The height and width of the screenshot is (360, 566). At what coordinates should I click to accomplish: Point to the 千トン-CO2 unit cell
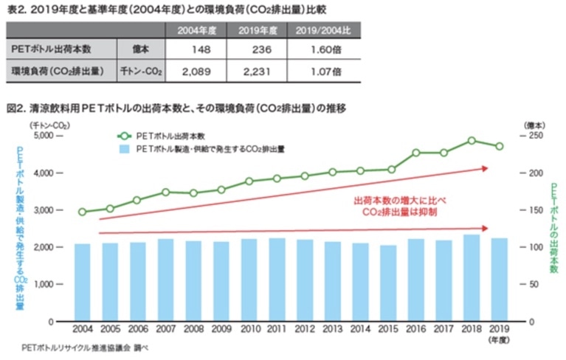[141, 72]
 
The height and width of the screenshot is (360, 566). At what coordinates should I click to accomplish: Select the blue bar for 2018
[471, 278]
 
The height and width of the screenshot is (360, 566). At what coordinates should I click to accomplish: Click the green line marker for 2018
[471, 140]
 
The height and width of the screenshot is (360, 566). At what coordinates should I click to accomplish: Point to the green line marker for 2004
[82, 212]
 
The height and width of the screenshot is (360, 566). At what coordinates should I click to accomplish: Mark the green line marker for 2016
[415, 153]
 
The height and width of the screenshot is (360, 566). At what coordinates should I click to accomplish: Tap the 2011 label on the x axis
[277, 330]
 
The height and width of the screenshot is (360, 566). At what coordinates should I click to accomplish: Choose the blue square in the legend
[124, 149]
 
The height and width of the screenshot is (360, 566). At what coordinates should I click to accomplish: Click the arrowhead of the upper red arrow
[484, 168]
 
